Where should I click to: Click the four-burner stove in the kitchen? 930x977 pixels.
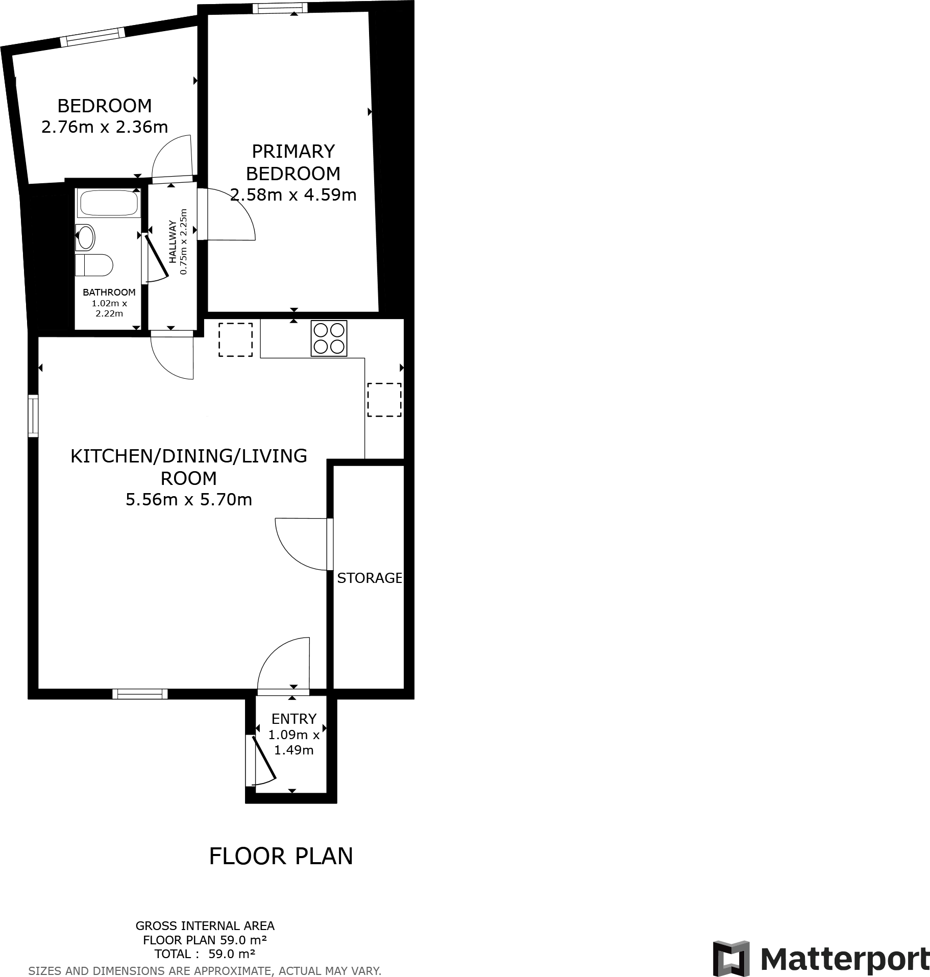point(329,338)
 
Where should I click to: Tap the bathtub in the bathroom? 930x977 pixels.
point(108,203)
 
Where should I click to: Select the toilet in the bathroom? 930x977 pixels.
point(95,265)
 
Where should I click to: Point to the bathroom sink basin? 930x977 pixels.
point(86,237)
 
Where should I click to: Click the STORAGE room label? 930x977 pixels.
point(369,578)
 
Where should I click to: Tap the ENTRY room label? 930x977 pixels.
point(293,719)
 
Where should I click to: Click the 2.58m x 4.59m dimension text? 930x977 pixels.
point(293,195)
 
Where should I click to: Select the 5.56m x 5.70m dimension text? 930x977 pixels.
point(189,499)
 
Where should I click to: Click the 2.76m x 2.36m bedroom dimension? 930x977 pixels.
point(105,127)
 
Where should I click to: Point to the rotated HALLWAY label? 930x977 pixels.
point(173,241)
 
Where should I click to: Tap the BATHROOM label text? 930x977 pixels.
point(109,292)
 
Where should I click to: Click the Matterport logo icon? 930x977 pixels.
point(731,958)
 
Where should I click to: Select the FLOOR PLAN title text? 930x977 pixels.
point(281,856)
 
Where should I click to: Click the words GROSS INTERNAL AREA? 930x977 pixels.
point(205,925)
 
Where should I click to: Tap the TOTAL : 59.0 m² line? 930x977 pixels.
point(205,954)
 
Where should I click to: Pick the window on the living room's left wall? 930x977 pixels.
point(33,416)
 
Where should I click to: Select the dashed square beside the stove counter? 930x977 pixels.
point(235,339)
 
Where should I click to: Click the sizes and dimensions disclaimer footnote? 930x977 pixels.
point(205,970)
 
